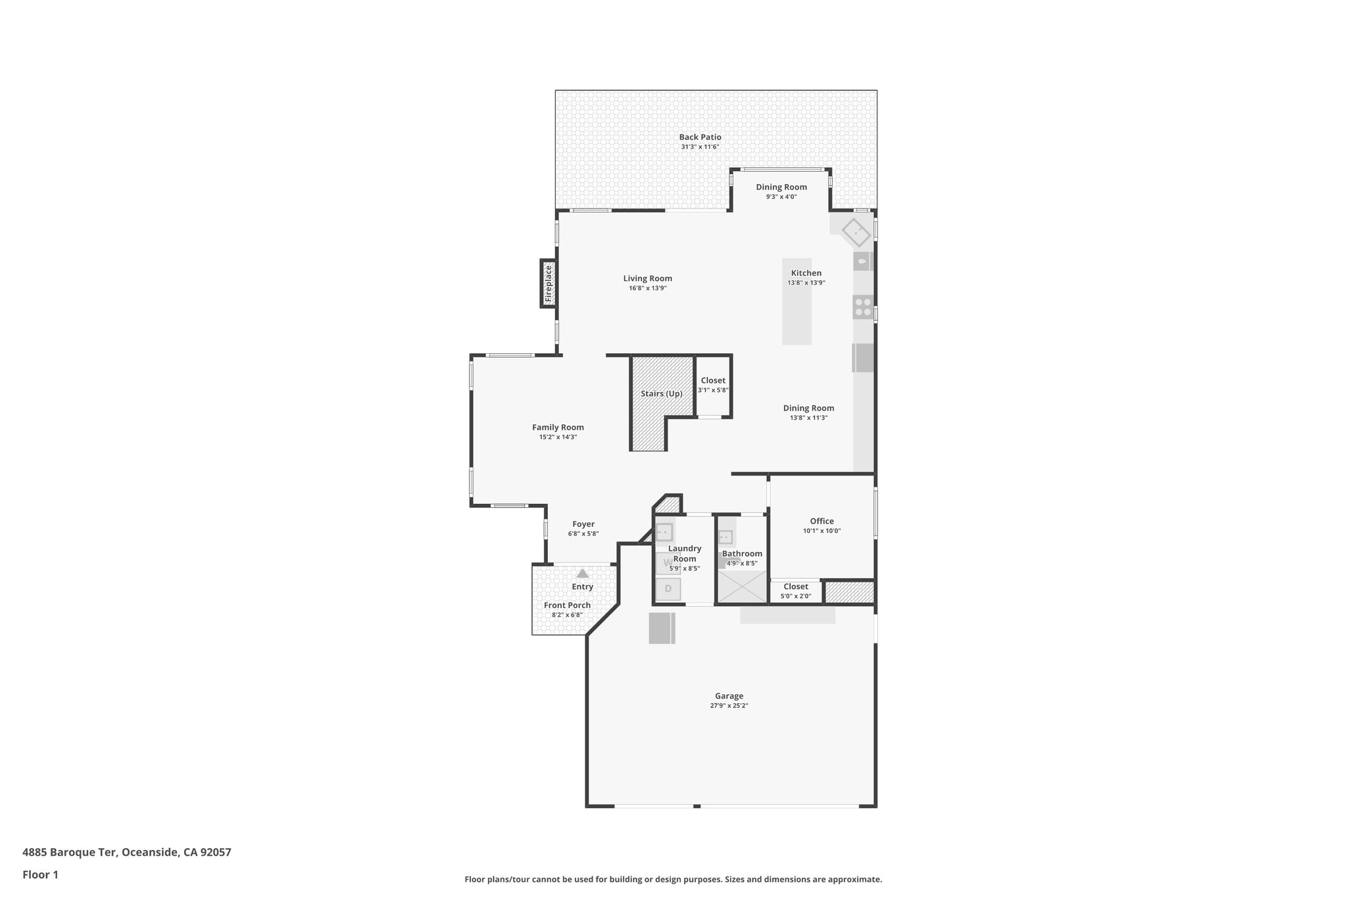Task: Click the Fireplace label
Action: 548,283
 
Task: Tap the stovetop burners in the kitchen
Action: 863,307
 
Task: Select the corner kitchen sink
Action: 856,232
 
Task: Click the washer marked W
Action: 668,562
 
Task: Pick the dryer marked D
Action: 668,588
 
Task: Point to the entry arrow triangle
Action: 583,573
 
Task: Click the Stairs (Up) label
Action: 662,393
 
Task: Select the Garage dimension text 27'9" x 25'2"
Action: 729,705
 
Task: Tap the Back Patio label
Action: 700,137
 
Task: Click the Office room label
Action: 821,521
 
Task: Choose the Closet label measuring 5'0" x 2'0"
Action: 795,586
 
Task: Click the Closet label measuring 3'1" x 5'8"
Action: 713,380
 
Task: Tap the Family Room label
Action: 558,427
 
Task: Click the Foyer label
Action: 583,524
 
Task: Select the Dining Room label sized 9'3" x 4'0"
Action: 781,187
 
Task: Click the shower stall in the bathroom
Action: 742,587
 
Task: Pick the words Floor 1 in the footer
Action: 40,874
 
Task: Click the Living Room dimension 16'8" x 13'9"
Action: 647,288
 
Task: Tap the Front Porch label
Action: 567,605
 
